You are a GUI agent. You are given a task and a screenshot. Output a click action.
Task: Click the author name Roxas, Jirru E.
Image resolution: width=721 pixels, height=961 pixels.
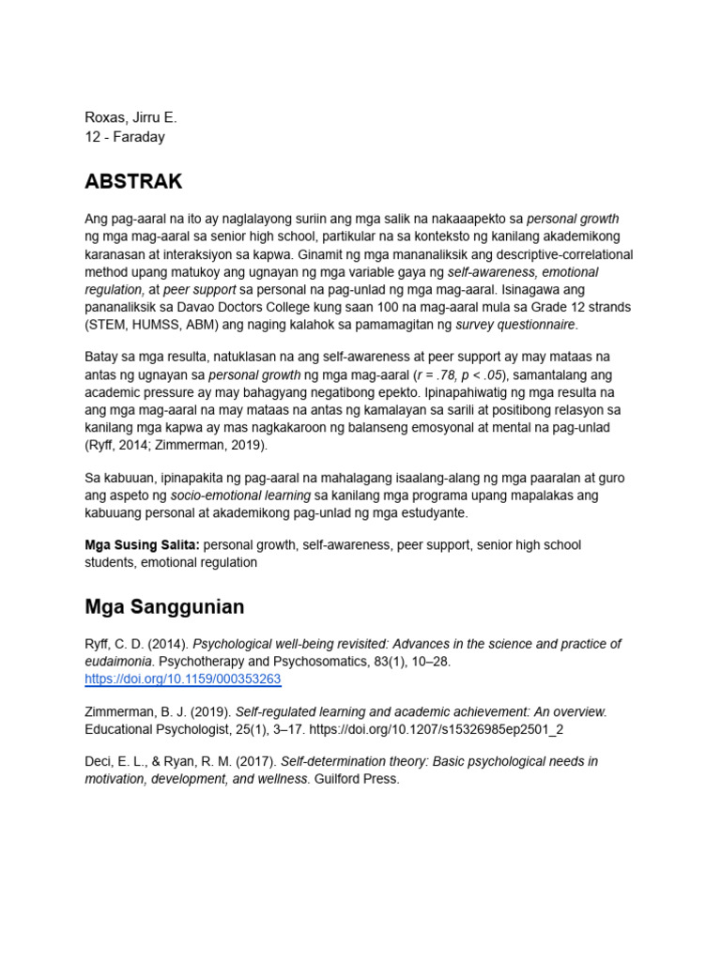[130, 118]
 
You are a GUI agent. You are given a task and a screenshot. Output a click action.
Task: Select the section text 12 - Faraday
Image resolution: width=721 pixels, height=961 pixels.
[126, 136]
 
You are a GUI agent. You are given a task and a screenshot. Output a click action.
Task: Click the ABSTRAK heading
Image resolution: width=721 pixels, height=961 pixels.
[133, 181]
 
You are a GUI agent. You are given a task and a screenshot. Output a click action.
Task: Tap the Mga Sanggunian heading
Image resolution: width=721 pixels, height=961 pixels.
[164, 606]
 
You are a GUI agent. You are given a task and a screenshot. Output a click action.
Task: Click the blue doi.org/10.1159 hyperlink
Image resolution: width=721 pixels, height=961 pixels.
[182, 679]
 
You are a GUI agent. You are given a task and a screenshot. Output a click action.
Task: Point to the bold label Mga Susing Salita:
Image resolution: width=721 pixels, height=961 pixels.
[143, 544]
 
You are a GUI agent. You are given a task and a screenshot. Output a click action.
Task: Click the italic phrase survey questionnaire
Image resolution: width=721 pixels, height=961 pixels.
[514, 325]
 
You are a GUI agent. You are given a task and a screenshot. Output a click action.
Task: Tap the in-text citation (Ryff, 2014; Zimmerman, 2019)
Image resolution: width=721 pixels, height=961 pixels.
[176, 445]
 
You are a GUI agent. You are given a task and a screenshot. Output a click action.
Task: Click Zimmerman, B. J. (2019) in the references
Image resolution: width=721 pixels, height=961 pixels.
[156, 712]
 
